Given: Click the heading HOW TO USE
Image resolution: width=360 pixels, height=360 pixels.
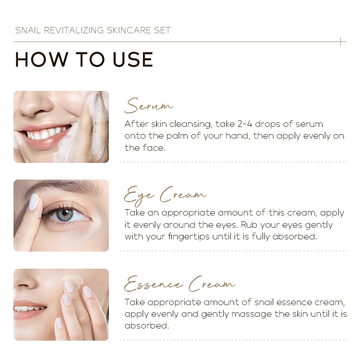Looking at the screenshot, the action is [x=84, y=59].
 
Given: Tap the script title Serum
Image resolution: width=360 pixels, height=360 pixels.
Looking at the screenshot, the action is [x=148, y=105].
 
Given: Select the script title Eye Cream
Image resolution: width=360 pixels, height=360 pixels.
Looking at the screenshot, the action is [x=165, y=195].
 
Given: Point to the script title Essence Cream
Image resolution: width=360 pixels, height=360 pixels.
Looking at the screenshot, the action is [x=180, y=284].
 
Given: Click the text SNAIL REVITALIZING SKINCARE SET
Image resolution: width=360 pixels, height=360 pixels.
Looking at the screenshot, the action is [x=93, y=30].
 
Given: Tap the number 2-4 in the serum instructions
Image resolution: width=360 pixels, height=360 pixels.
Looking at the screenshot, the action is [x=245, y=124].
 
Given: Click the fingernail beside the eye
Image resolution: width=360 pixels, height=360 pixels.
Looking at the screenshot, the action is [x=34, y=202].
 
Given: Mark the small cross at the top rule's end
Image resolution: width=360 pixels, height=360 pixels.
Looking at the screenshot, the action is [x=341, y=41].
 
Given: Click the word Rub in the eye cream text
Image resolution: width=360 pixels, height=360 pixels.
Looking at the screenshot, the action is [x=249, y=225].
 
